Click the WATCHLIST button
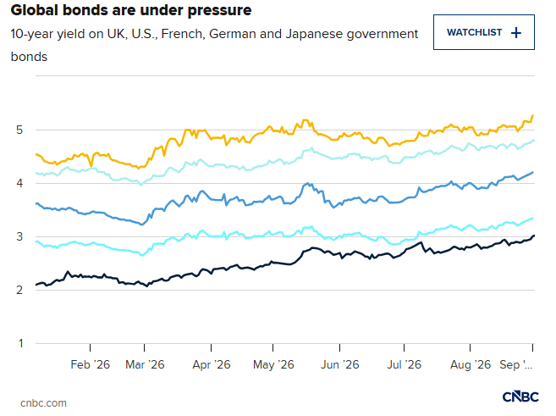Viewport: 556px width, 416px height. tap(484, 32)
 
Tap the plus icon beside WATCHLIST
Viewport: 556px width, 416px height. tap(516, 33)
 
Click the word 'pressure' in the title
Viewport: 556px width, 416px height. tap(219, 10)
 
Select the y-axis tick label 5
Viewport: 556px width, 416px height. tap(19, 130)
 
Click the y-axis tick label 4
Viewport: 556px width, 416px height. tap(19, 183)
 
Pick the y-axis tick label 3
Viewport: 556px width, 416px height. tap(19, 236)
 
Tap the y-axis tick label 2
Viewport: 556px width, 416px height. tap(19, 290)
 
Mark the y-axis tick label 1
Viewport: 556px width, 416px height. tap(21, 343)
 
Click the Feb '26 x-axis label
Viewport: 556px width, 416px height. tap(90, 364)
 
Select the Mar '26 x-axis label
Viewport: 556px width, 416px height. tap(145, 364)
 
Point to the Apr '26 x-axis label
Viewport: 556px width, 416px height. tap(212, 364)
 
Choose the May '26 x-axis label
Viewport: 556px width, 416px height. tap(273, 364)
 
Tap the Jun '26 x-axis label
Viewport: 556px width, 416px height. tap(339, 364)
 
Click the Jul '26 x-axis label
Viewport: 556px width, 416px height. tap(404, 364)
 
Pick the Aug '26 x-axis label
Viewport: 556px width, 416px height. tap(471, 364)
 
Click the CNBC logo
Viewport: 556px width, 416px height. tap(520, 397)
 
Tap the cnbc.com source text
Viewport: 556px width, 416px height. tap(43, 403)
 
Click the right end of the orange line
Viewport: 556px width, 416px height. tap(533, 115)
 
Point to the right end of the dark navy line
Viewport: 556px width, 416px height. tap(534, 236)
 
